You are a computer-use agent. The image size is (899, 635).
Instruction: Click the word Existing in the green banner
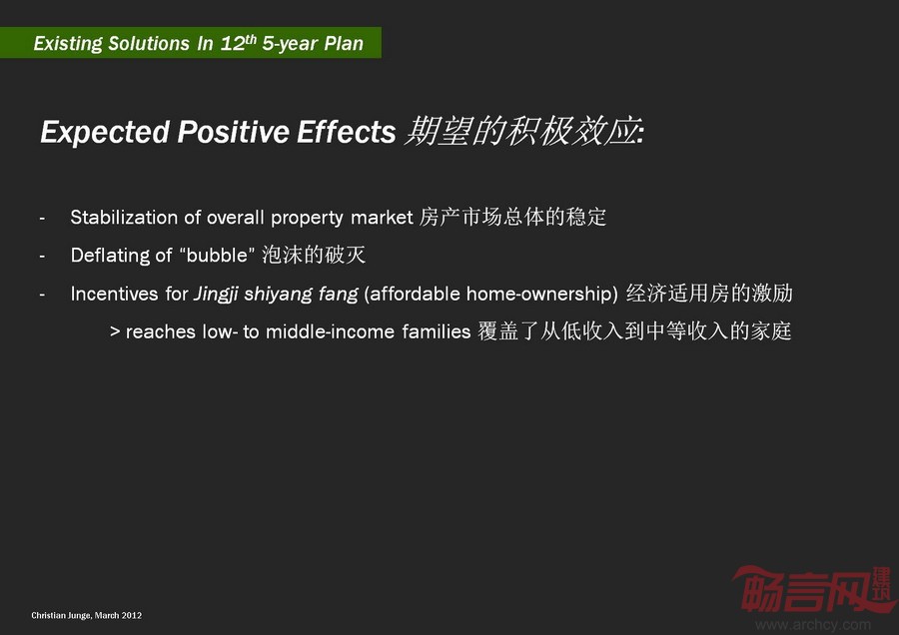(x=68, y=44)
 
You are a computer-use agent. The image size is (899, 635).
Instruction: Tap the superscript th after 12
(x=251, y=39)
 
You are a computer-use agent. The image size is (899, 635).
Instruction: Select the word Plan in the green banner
(x=344, y=44)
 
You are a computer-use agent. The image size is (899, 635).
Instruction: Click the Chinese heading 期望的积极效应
(x=522, y=131)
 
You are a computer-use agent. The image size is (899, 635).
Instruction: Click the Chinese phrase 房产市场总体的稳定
(x=512, y=217)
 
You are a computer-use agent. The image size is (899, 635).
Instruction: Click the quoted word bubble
(x=217, y=255)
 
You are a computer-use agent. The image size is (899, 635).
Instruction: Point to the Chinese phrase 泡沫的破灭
(x=314, y=255)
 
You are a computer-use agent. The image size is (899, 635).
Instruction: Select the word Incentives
(x=114, y=294)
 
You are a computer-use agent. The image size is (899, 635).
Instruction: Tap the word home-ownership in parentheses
(x=541, y=294)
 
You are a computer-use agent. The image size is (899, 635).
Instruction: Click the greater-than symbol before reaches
(x=115, y=331)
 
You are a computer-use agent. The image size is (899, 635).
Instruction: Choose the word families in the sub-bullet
(x=437, y=331)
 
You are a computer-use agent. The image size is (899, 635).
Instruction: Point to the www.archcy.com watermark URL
(x=813, y=624)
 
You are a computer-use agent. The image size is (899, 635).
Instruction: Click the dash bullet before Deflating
(x=42, y=257)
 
